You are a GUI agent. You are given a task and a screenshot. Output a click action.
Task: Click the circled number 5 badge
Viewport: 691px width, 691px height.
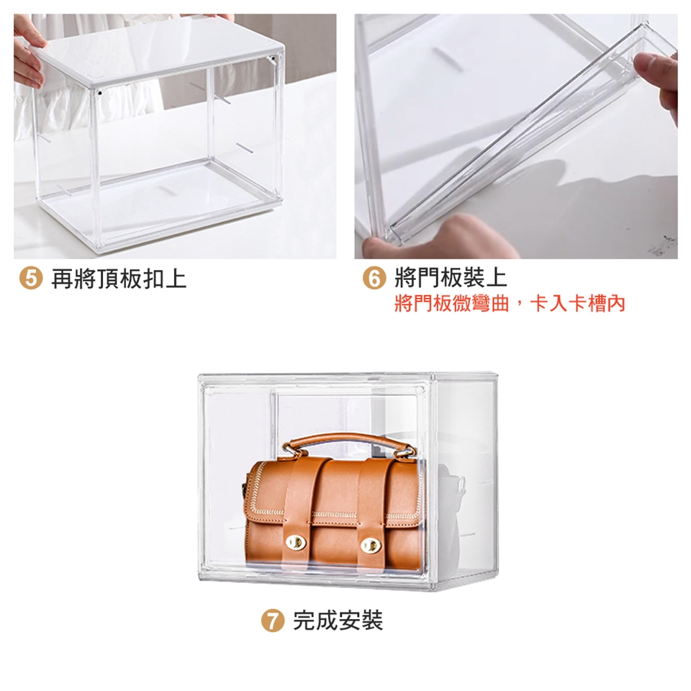tap(31, 279)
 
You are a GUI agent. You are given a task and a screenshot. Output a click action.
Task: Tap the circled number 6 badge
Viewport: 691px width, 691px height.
tap(374, 279)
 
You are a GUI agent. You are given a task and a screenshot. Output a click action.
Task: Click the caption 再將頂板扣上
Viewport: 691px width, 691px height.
tap(119, 279)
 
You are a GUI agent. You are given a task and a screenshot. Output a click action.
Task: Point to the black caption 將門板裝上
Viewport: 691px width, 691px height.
tap(451, 278)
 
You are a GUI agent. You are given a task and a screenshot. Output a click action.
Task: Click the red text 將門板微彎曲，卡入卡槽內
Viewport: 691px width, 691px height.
tap(510, 304)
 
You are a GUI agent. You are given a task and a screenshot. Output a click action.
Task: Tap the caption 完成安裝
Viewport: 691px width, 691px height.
tap(338, 620)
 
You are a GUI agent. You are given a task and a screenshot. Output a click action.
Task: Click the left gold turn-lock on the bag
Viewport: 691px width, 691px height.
tap(296, 543)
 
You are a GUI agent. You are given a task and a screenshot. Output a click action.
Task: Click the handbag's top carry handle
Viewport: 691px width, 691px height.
tap(348, 440)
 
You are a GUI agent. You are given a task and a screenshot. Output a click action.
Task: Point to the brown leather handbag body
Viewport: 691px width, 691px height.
tap(333, 513)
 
